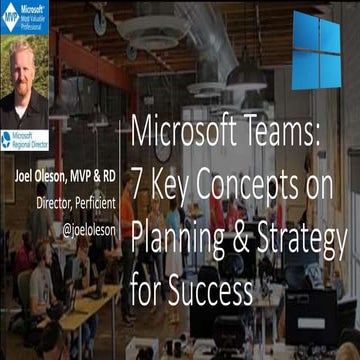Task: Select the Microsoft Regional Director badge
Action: tap(25, 140)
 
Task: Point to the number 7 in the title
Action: tap(139, 172)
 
